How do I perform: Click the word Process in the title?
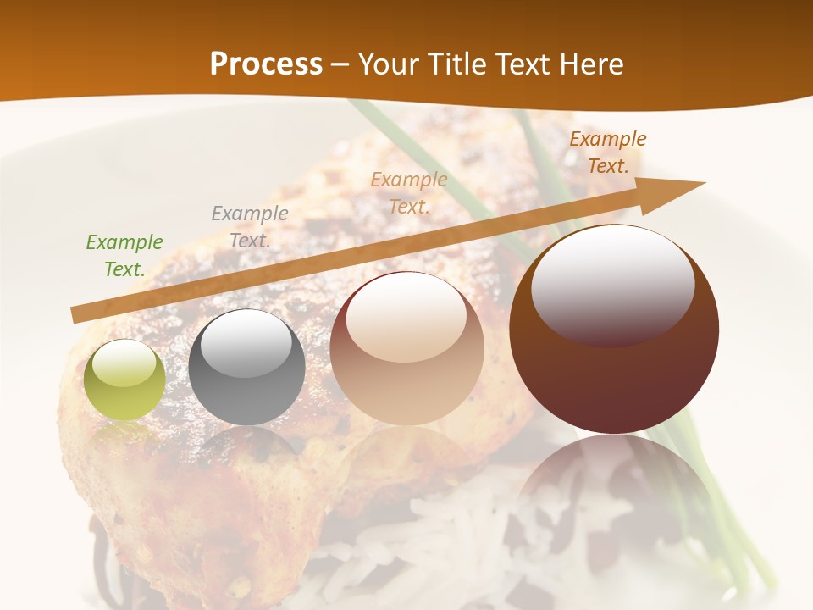tap(266, 64)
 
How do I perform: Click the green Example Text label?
tap(124, 256)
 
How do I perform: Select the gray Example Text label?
tap(250, 226)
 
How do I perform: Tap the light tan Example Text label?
tap(409, 192)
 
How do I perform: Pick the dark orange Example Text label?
tap(608, 152)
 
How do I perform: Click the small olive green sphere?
tap(124, 380)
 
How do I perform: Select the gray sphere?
tap(246, 367)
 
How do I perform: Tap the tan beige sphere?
tap(406, 348)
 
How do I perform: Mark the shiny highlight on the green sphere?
tap(124, 363)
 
